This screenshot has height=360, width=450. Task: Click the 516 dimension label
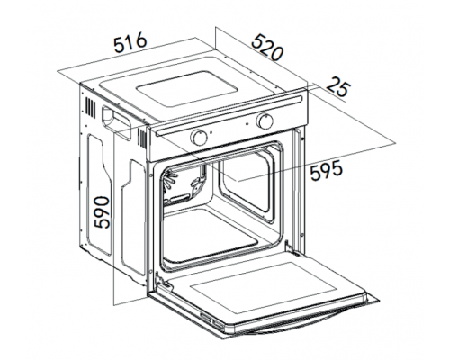pyautogui.click(x=130, y=44)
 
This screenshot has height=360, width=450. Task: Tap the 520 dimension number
pyautogui.click(x=267, y=48)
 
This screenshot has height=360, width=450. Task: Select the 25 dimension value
pyautogui.click(x=338, y=87)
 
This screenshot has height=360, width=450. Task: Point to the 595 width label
pyautogui.click(x=326, y=170)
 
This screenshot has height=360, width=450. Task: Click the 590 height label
pyautogui.click(x=102, y=212)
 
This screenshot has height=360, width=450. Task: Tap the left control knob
pyautogui.click(x=199, y=137)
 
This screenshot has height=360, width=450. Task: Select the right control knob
pyautogui.click(x=265, y=121)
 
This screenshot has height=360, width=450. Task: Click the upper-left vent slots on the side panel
pyautogui.click(x=91, y=107)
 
